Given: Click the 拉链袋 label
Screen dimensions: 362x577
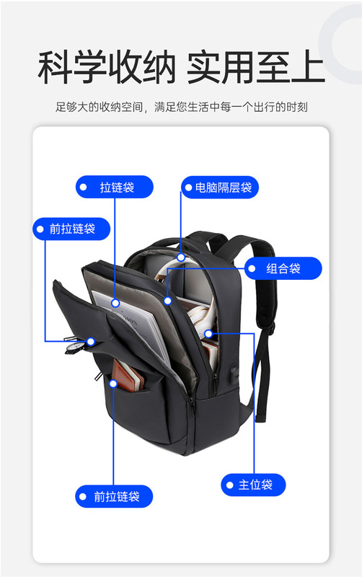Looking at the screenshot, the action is pos(115,187).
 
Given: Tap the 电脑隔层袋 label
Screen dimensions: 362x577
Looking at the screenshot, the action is pos(220,188).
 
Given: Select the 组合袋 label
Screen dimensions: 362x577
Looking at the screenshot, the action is pos(283,268).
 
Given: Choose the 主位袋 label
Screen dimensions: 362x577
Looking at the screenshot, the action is pos(253,485).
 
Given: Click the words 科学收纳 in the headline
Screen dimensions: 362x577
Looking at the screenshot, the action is pos(107,68).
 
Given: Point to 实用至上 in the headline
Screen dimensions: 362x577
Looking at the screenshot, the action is pos(256,68).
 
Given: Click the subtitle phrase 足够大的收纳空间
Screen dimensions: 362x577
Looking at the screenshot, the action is pos(99,107).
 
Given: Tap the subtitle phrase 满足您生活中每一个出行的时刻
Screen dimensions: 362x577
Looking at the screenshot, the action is pos(231,107).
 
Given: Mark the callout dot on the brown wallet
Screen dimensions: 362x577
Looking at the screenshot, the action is pos(113,384).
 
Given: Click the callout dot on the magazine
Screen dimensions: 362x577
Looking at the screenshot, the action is pos(115,303).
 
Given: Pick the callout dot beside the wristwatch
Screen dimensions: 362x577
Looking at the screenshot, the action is pos(91,341).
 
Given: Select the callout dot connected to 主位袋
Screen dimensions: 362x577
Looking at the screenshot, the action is pos(208,334).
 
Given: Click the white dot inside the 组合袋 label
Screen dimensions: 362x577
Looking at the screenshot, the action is pos(252,268).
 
